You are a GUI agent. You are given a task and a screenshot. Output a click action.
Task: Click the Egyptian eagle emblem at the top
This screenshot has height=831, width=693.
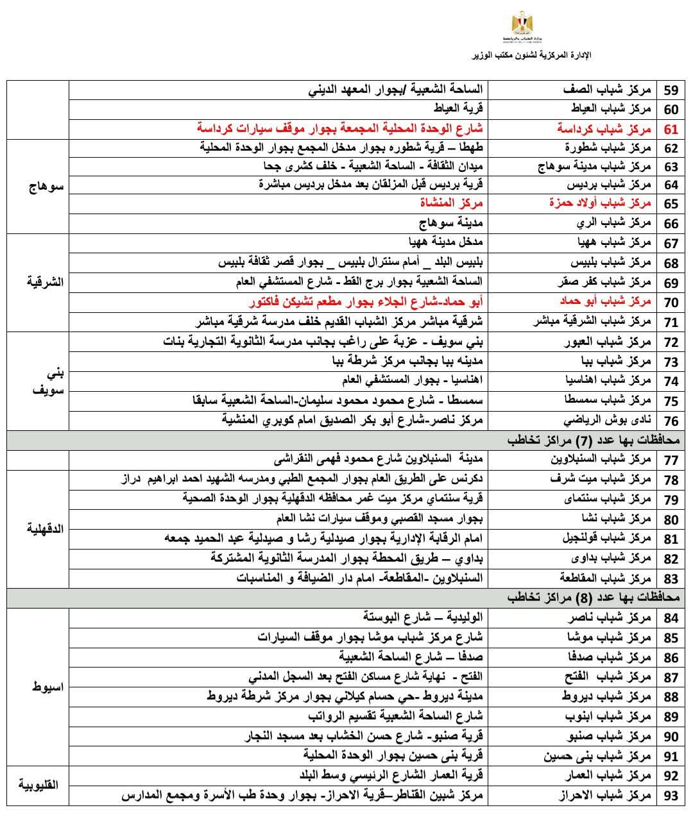[x=520, y=26]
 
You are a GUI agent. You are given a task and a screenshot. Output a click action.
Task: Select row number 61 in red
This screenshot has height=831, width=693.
[x=671, y=129]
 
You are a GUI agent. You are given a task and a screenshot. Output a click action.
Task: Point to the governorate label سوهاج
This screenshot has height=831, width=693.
[x=47, y=188]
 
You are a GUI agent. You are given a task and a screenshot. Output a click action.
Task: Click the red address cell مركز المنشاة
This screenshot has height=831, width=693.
[x=451, y=203]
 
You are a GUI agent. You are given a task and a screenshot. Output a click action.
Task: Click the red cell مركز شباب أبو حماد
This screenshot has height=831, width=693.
[x=599, y=301]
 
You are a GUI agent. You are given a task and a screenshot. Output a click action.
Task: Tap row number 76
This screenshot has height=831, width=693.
[x=671, y=421]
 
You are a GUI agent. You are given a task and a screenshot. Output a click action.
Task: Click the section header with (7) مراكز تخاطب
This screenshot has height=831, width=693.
[x=594, y=441]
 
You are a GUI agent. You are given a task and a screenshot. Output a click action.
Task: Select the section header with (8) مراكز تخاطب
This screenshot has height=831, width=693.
[x=594, y=598]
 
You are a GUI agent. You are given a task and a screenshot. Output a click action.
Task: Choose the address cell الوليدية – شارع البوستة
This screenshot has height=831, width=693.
[x=423, y=617]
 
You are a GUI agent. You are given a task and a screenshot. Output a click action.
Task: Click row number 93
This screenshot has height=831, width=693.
[x=671, y=796]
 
